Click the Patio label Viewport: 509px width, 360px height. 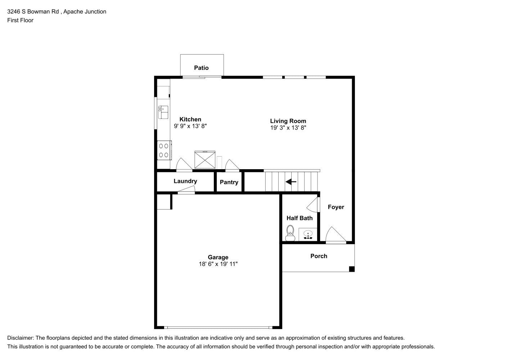tap(201, 68)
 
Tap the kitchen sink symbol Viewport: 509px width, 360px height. tap(163, 112)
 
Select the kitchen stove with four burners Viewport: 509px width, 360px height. tap(164, 150)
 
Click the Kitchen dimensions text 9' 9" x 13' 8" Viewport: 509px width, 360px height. tap(190, 126)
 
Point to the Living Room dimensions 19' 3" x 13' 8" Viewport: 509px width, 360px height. tap(288, 128)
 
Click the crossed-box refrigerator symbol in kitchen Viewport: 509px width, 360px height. tap(205, 159)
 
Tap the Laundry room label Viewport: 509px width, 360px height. tap(185, 181)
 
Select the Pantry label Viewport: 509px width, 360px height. tap(229, 182)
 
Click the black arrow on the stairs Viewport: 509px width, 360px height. tap(291, 181)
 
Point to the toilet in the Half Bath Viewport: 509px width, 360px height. tap(290, 233)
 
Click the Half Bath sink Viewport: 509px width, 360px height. tap(308, 234)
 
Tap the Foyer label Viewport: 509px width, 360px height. tap(336, 207)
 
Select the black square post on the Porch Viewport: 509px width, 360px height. tap(352, 269)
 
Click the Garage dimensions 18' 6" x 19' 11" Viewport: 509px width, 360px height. tap(218, 264)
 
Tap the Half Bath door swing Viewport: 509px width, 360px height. tap(313, 205)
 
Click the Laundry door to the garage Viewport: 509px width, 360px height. tap(186, 190)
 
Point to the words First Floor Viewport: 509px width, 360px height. tap(20, 20)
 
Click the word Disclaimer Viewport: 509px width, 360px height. tap(21, 338)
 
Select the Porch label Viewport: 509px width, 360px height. tap(319, 256)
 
